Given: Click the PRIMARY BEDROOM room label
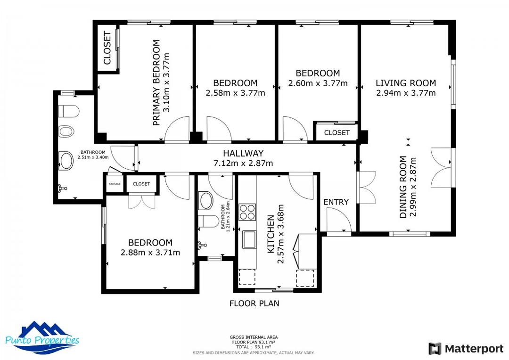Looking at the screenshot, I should point(156,83).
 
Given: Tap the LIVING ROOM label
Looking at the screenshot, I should point(406,83).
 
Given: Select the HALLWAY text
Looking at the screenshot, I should point(243,153).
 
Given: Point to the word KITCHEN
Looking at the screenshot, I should point(271,234).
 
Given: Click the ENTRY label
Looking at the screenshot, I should point(336,202).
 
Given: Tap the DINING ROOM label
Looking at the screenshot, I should point(403,187).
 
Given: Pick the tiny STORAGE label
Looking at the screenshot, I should point(115,184).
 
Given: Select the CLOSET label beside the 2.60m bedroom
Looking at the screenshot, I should point(337,133).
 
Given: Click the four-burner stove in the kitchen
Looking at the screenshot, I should point(247,212).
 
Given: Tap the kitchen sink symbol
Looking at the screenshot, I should point(248,239).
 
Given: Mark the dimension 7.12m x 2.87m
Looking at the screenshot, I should point(243,164).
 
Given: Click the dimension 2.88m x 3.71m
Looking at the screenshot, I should point(150,253).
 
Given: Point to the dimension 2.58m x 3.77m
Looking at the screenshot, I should point(235,93).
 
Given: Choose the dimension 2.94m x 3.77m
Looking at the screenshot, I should point(406,93).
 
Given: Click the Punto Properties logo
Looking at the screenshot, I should point(42,337).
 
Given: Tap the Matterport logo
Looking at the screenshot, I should point(466,349).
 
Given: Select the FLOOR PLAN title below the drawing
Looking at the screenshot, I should point(254,303).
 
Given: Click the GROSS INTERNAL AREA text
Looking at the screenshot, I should point(254,337).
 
